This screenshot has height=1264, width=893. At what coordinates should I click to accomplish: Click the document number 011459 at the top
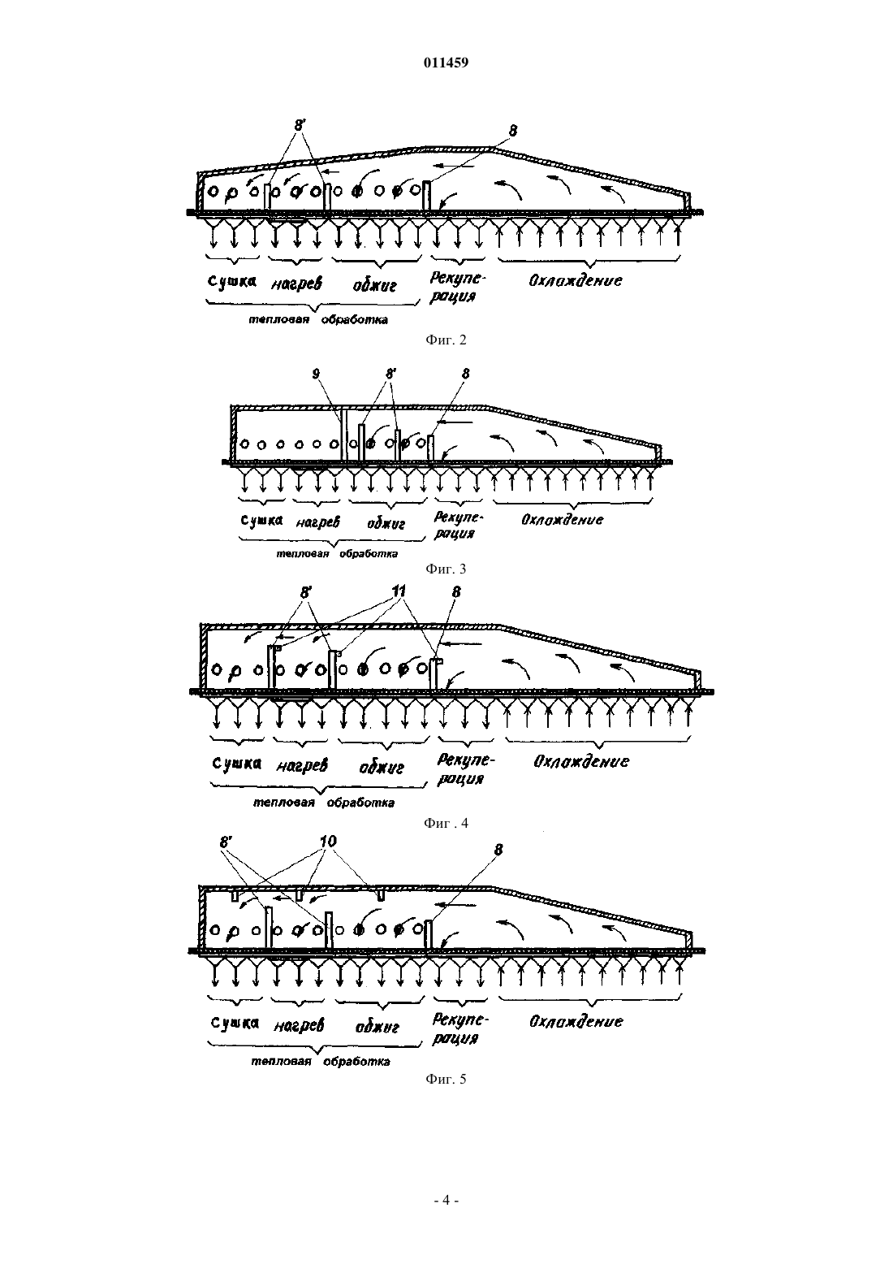[x=446, y=63]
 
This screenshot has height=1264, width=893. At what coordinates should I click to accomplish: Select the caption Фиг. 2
[x=446, y=340]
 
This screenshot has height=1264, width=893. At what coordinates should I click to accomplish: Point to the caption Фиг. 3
[x=446, y=569]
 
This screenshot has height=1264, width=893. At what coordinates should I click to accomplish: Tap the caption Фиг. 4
[x=446, y=823]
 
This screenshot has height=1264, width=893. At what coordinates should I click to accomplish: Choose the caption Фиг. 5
[x=446, y=1079]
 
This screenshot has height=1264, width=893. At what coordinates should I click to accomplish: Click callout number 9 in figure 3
[x=316, y=374]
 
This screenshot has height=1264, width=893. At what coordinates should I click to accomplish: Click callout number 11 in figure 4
[x=399, y=591]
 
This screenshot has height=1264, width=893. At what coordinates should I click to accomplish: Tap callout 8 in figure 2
[x=512, y=131]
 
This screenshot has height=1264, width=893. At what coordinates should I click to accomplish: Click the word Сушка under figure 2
[x=232, y=281]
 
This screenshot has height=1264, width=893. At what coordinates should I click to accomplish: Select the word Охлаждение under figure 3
[x=562, y=519]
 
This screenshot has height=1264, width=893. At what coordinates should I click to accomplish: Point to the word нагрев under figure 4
[x=302, y=766]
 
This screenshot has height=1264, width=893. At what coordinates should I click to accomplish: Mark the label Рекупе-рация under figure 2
[x=456, y=288]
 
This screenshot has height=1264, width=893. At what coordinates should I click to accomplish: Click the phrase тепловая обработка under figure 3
[x=337, y=553]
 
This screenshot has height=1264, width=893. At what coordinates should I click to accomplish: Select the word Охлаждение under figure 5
[x=576, y=1021]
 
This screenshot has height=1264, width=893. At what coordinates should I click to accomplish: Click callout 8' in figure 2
[x=300, y=125]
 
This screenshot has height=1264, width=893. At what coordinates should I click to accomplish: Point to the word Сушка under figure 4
[x=237, y=764]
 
